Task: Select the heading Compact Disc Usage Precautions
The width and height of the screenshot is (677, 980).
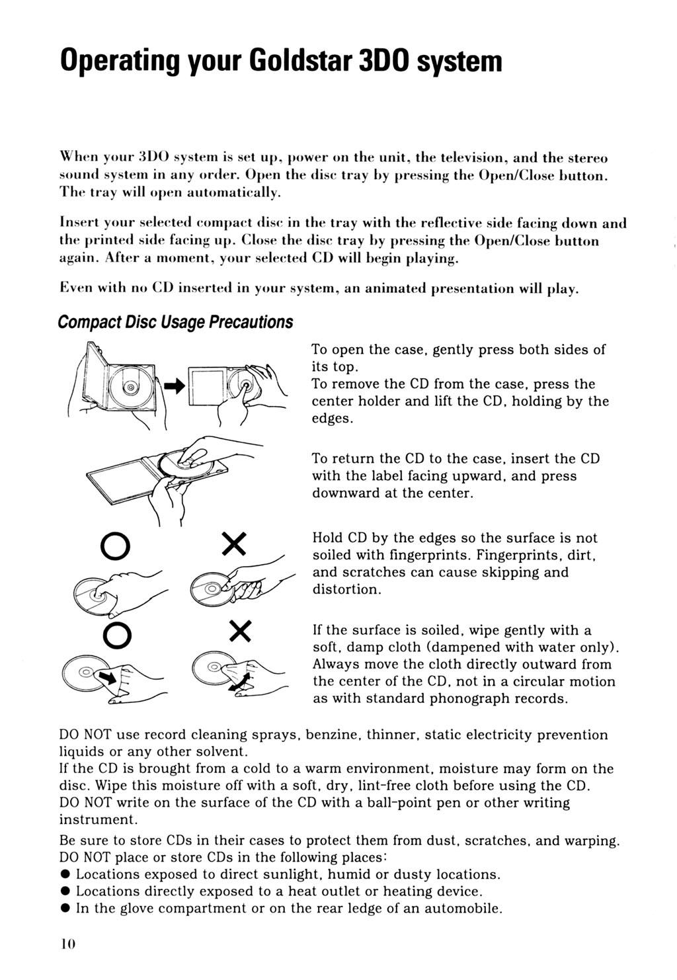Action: (x=175, y=322)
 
